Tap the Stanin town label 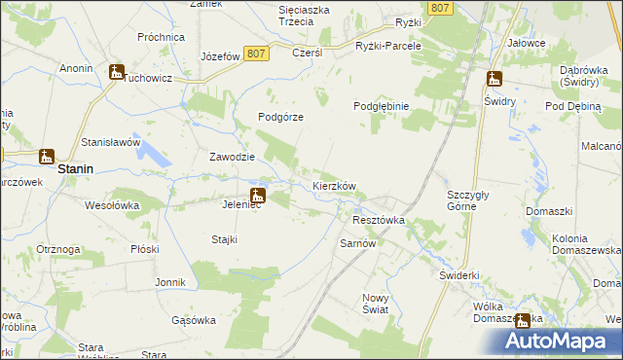pos(75,168)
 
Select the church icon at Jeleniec pos(257,194)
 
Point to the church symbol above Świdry pos(494,79)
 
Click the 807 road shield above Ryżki pos(441,8)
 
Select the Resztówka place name pos(377,221)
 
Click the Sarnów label pos(357,243)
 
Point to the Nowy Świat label pos(375,304)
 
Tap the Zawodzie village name pos(233,157)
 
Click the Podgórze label pos(280,117)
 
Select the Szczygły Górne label pos(473,199)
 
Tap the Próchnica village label pos(161,37)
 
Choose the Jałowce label pos(526,44)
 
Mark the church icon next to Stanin pos(46,155)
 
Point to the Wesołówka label pos(112,206)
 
